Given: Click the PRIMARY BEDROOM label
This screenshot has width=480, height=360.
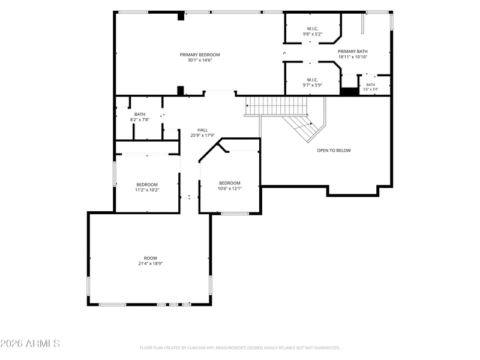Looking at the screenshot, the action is (200, 55).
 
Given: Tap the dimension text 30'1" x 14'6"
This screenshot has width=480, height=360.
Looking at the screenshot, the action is (200, 61).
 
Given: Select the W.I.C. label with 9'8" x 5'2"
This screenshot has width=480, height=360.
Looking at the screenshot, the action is (312, 29).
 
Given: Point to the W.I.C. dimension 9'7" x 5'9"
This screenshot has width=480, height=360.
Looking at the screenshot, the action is (312, 85).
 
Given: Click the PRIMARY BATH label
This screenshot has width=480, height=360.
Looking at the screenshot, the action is (353, 52).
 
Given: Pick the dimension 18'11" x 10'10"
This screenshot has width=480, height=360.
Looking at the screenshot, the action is (353, 57).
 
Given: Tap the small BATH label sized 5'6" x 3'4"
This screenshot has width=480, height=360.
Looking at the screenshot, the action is (370, 85).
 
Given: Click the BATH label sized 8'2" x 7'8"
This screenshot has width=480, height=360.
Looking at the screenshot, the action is (140, 115).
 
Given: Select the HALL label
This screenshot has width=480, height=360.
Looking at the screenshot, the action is (202, 130).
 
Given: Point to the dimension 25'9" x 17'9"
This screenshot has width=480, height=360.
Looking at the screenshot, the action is (202, 136).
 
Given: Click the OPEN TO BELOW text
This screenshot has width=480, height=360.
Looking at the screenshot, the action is (334, 151).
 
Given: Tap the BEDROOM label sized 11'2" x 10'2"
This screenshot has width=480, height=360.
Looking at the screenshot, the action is (147, 185).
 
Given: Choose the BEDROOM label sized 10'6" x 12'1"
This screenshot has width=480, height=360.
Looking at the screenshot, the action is (230, 183).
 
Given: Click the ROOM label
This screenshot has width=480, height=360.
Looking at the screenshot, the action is (151, 258).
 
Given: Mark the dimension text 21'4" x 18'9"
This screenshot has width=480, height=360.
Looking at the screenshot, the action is (151, 263).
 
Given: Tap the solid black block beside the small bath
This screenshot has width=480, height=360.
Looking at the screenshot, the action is (349, 91).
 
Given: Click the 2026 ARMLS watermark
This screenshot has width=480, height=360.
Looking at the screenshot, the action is (30, 343).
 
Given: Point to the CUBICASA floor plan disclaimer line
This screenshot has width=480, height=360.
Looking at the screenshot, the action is (239, 348).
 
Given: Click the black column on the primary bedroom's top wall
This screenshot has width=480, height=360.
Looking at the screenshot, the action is (181, 16).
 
